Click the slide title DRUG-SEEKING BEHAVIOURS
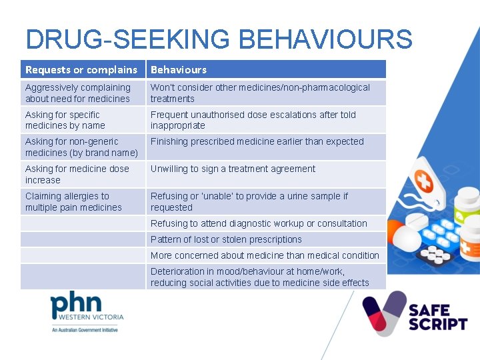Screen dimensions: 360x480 [219, 40]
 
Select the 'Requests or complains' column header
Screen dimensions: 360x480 [81, 69]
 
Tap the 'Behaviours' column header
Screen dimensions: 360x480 [179, 69]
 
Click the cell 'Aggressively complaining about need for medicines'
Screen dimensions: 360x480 [78, 93]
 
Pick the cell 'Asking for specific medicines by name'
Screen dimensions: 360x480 [65, 120]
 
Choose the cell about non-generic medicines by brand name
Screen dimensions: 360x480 [81, 147]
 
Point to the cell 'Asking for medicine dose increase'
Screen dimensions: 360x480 [77, 174]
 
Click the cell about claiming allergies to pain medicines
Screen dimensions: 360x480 [73, 201]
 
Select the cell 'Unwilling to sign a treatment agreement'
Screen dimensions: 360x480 [233, 169]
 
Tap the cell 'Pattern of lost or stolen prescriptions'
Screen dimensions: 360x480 [226, 239]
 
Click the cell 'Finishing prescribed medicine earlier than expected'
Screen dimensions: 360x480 [257, 141]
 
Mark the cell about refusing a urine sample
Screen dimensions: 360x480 [249, 201]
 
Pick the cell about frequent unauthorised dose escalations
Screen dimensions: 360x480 [253, 120]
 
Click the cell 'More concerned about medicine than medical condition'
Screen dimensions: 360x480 [265, 255]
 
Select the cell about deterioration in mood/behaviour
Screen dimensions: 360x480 [259, 277]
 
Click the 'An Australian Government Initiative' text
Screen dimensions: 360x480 [85, 330]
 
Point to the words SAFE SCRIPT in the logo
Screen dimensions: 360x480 [437, 317]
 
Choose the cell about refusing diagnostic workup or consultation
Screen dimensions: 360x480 [259, 223]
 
